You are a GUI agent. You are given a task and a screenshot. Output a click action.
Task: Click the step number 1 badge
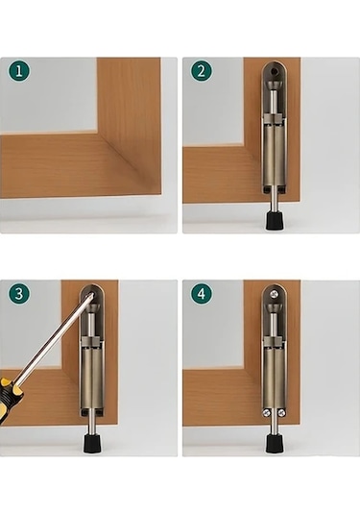pos(19,71)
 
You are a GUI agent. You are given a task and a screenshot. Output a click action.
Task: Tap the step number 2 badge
pos(202,71)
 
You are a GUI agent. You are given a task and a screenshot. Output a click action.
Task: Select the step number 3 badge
pos(19,293)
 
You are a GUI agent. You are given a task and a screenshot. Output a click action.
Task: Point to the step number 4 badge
pos(202,293)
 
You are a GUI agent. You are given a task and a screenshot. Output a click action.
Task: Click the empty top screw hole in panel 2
pos(276,71)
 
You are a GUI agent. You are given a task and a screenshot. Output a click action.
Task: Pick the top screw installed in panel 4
pos(274,294)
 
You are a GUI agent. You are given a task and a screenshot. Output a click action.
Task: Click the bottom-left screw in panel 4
pos(266,413)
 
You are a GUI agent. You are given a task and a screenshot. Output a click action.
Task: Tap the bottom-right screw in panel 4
pos(280,413)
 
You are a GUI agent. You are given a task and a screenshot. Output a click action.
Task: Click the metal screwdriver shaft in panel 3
pos(56,337)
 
